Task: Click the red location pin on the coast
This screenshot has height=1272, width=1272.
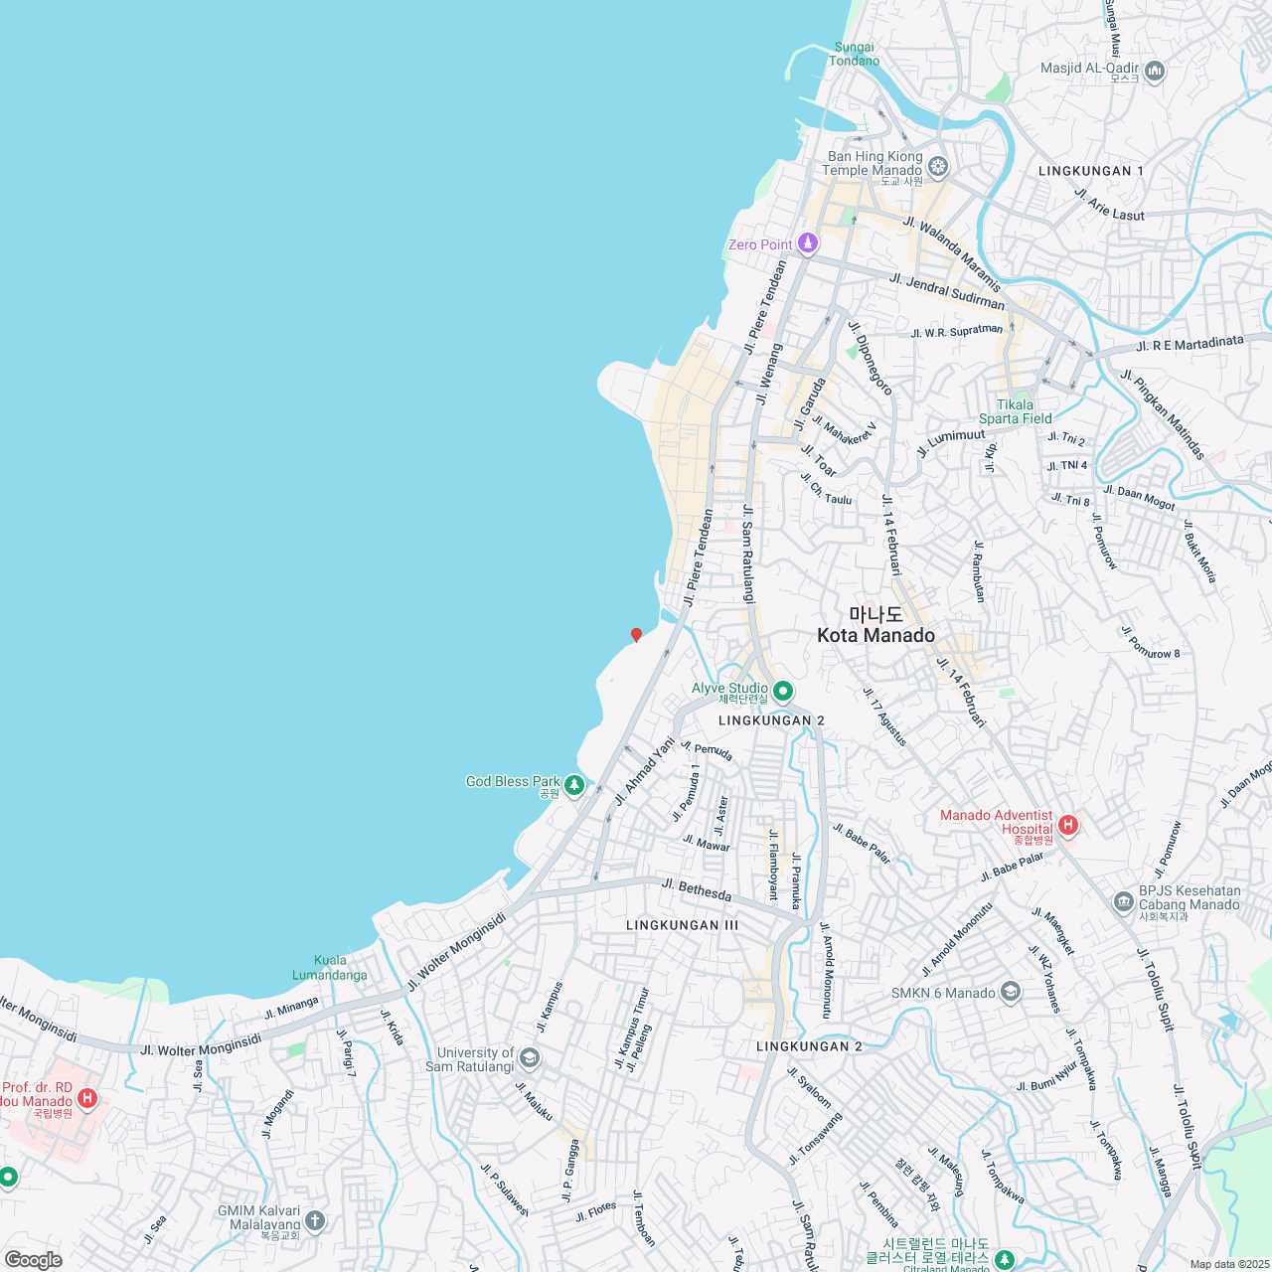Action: (636, 634)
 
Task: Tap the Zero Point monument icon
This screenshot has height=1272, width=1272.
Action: (808, 243)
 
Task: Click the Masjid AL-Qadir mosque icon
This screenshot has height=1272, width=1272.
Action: (1154, 71)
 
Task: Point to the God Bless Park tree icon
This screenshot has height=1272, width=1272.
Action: (573, 786)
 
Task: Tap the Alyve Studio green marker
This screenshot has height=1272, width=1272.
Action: (782, 691)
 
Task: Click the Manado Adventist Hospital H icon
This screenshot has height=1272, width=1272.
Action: (1067, 824)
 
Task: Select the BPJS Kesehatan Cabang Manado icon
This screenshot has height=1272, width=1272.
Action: (1123, 902)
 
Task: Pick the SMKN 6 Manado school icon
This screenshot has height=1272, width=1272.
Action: (1011, 992)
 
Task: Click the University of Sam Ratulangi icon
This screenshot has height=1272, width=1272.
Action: (530, 1057)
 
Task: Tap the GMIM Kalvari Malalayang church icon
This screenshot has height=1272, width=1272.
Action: (315, 1220)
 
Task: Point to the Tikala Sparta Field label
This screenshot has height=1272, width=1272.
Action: (1015, 411)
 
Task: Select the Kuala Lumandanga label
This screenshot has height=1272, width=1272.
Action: (330, 967)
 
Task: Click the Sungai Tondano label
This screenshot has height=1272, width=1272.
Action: (855, 54)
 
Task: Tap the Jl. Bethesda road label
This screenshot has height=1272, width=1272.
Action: (696, 889)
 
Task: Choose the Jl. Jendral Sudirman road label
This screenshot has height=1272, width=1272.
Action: (947, 291)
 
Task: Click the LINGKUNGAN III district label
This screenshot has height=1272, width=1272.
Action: (682, 925)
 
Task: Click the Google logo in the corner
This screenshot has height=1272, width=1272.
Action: (34, 1260)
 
